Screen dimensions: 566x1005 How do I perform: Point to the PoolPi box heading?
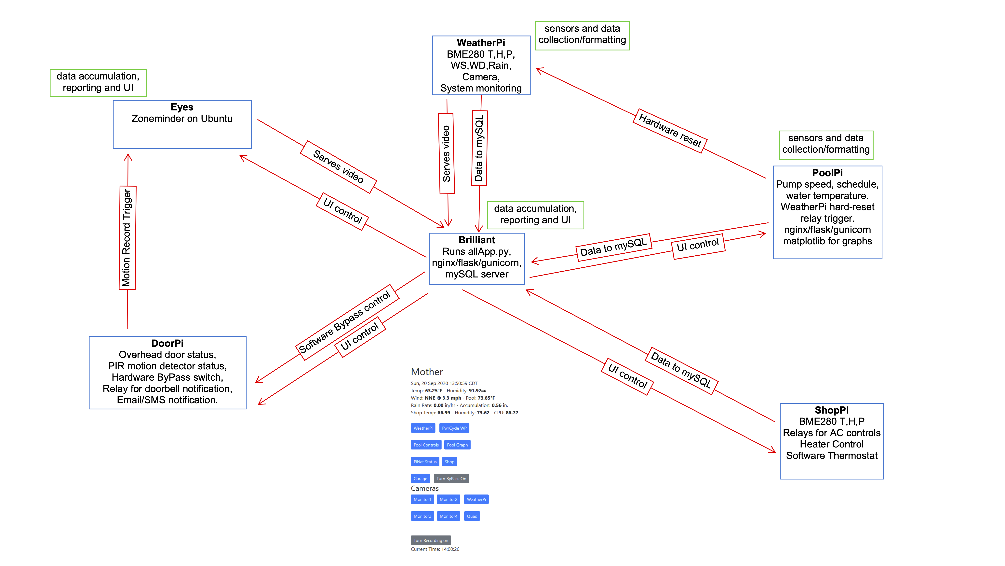click(x=827, y=173)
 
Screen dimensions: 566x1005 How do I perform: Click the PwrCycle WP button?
click(x=454, y=428)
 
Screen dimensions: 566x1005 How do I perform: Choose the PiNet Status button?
click(x=425, y=462)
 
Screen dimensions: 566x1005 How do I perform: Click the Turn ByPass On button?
click(x=451, y=479)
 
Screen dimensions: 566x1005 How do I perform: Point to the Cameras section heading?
click(x=424, y=488)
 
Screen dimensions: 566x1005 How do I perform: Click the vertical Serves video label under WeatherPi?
click(x=447, y=153)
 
